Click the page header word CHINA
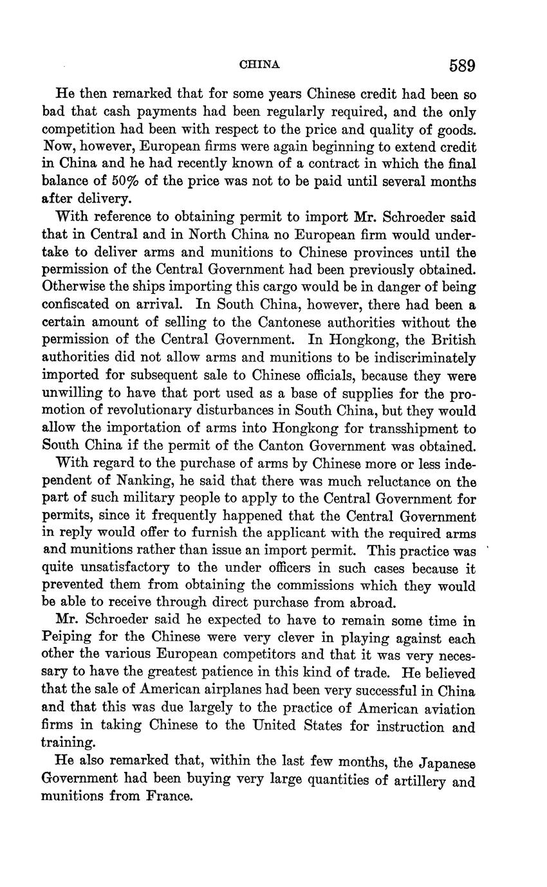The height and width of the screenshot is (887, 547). [259, 64]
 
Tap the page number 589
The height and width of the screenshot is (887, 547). [462, 65]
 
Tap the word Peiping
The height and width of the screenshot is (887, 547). [64, 639]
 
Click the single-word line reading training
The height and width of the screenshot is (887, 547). [67, 742]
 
